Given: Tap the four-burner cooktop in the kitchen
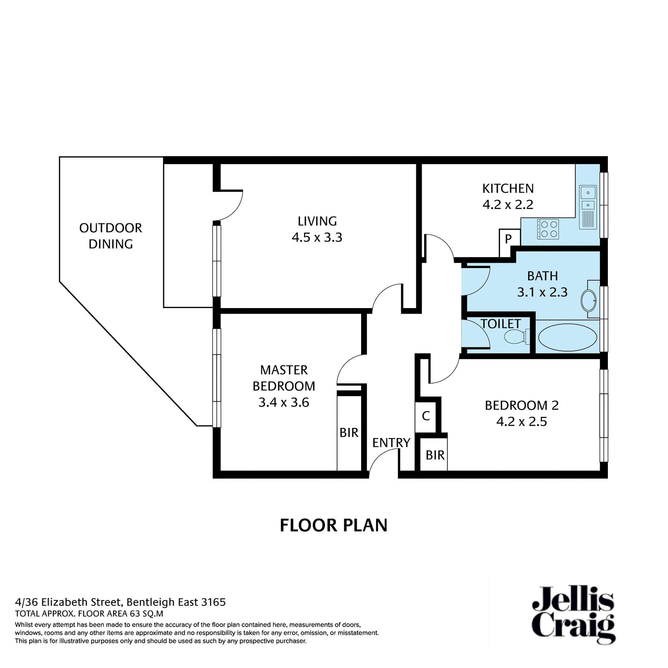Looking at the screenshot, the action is (x=548, y=229).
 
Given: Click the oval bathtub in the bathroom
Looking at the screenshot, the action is (x=567, y=337).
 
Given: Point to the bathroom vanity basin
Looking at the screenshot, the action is (x=589, y=299).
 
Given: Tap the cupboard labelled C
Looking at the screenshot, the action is (x=426, y=416).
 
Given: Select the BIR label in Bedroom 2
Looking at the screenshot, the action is (x=435, y=455).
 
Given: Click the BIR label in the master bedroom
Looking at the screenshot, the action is (x=349, y=433).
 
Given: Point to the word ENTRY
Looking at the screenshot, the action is (x=391, y=443).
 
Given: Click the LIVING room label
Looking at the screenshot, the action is (x=317, y=221).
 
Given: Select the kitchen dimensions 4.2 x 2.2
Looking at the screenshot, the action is (x=508, y=205).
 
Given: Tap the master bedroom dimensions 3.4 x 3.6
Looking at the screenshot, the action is (x=284, y=402).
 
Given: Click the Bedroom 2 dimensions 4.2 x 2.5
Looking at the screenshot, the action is (x=522, y=421).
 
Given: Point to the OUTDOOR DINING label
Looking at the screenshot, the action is (x=111, y=236).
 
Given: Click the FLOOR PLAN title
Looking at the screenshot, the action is (x=334, y=525).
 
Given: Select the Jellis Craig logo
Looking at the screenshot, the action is (x=573, y=615).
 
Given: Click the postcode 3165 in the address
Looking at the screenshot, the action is (x=213, y=602).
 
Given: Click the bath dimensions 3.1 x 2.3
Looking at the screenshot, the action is (x=542, y=292).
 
